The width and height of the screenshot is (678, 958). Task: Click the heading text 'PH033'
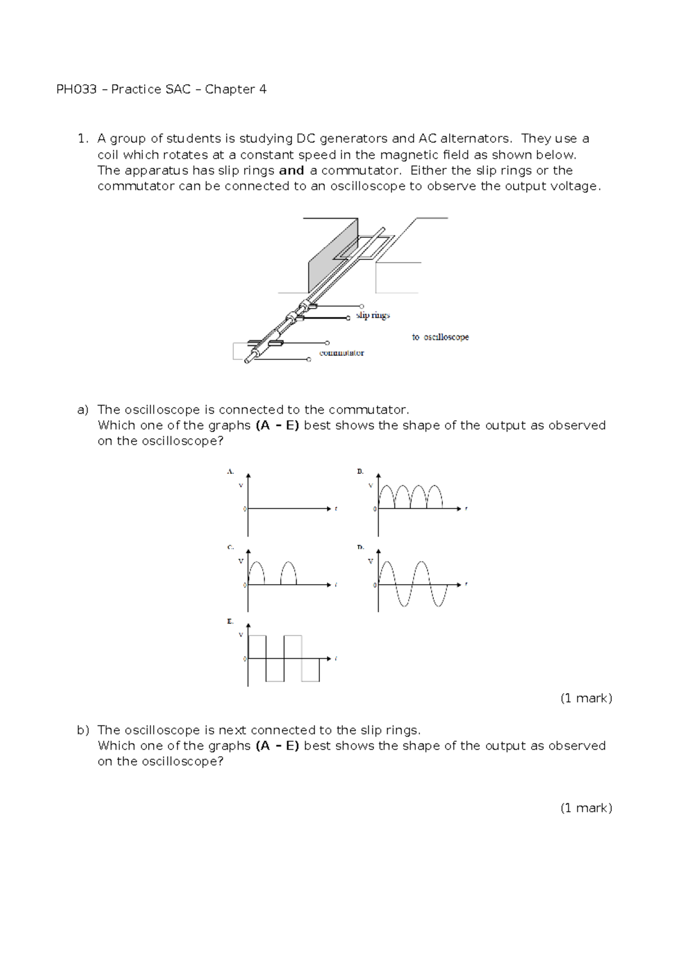[76, 89]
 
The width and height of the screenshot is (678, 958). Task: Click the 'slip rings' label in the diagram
[373, 315]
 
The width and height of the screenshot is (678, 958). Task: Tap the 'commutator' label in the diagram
[341, 353]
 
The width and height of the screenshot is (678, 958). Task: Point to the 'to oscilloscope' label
[440, 337]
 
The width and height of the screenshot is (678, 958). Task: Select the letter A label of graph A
[230, 471]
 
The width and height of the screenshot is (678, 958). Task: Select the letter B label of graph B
[360, 471]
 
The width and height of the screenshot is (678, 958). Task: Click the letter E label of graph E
[230, 621]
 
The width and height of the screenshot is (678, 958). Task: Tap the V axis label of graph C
[241, 561]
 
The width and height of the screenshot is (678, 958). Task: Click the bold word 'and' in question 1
[292, 171]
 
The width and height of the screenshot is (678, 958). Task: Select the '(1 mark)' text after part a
[586, 698]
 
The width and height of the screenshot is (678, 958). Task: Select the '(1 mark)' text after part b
[586, 808]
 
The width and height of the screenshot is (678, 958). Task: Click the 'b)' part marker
[83, 730]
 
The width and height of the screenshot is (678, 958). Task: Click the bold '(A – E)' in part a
[277, 425]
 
